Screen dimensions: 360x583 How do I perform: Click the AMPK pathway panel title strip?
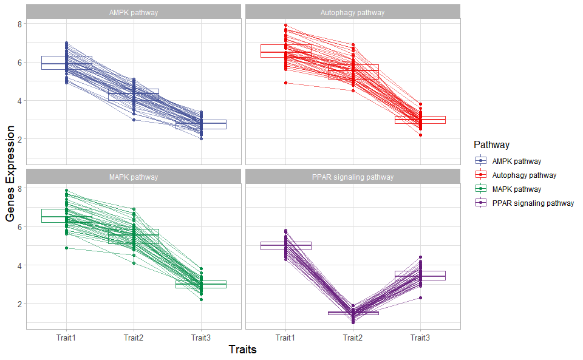[134, 12]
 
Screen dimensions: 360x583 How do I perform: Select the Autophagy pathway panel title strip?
[352, 12]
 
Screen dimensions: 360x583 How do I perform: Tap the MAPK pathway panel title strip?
[134, 177]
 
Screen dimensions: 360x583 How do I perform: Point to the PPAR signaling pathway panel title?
[352, 177]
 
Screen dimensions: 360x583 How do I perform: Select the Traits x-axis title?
[242, 350]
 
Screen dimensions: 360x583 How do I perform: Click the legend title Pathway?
[491, 145]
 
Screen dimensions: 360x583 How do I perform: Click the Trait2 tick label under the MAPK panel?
[134, 338]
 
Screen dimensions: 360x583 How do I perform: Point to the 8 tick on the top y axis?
[19, 24]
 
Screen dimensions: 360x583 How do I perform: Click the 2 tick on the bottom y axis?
[19, 304]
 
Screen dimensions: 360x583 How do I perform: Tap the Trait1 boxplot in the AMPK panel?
[67, 63]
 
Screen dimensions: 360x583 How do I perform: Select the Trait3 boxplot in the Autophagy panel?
[420, 120]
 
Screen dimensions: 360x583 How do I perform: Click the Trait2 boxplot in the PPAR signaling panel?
[353, 313]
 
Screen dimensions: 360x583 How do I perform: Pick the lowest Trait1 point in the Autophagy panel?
[285, 83]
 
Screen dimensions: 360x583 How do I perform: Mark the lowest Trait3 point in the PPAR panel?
[420, 297]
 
